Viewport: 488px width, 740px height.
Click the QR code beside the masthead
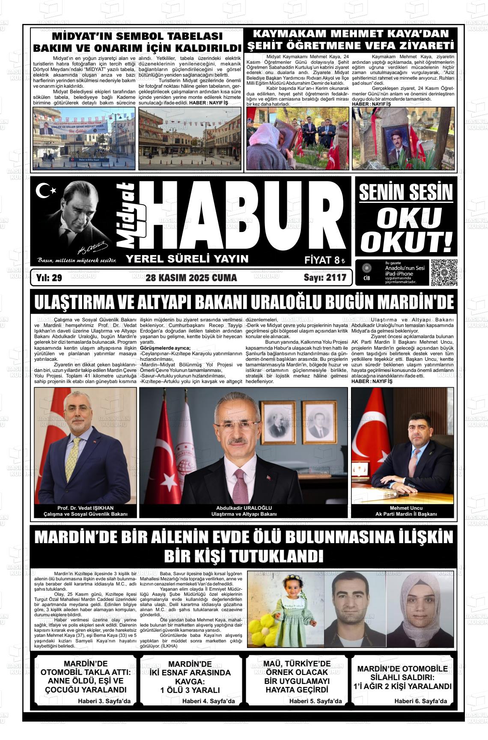pyautogui.click(x=444, y=273)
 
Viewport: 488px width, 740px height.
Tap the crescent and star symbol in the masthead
pyautogui.click(x=45, y=190)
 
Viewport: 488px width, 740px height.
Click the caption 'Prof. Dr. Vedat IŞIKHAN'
pyautogui.click(x=86, y=508)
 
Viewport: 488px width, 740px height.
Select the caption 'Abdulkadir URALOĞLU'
pyautogui.click(x=244, y=508)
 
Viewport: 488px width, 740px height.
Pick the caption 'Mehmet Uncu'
pyautogui.click(x=402, y=508)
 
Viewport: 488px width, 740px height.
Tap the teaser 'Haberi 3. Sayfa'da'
pyautogui.click(x=104, y=701)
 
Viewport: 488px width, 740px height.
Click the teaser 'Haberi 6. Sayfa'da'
pyautogui.click(x=420, y=701)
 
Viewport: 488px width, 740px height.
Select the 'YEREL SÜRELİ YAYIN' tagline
pyautogui.click(x=187, y=259)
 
